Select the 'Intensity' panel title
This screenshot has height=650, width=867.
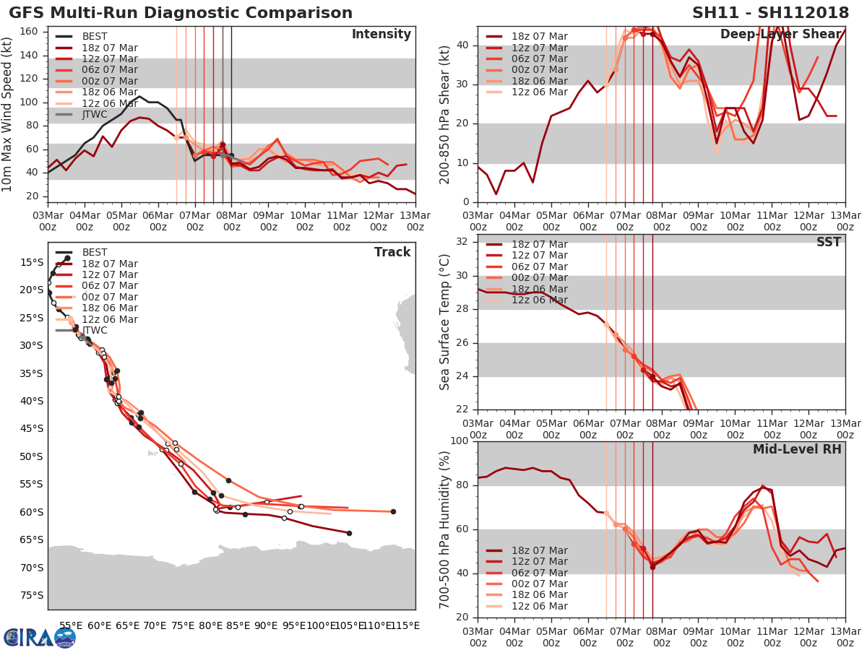(x=381, y=34)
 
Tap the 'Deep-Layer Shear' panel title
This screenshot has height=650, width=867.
(x=780, y=34)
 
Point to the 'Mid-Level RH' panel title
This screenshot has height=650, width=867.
(x=797, y=449)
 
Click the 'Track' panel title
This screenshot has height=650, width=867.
(x=392, y=252)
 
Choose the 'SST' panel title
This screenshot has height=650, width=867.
(x=828, y=242)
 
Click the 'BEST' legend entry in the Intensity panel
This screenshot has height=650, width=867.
(x=95, y=36)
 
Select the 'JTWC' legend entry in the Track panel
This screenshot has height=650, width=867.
(x=95, y=330)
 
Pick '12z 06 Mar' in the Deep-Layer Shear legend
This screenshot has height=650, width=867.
(x=539, y=92)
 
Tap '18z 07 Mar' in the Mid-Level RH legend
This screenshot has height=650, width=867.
(x=539, y=550)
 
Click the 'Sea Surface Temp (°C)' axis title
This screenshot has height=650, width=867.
(x=445, y=322)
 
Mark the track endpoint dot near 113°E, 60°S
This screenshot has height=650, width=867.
(x=393, y=511)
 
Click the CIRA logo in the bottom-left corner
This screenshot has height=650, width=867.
(x=39, y=637)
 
